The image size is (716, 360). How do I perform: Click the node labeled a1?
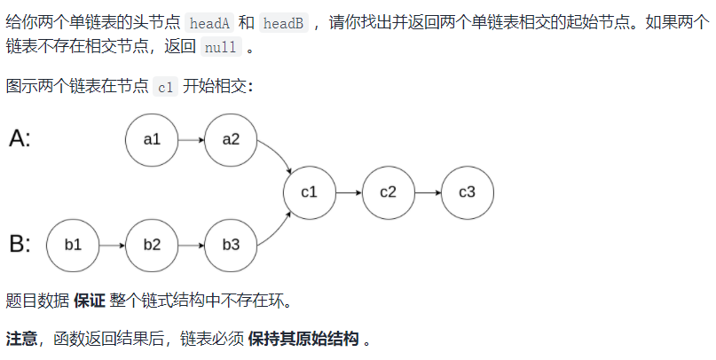click(x=152, y=139)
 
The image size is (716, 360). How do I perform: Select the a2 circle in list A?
click(x=231, y=139)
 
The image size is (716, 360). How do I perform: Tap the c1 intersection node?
click(x=310, y=192)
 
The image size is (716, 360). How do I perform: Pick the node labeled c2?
click(x=389, y=192)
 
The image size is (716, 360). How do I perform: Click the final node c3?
click(x=468, y=192)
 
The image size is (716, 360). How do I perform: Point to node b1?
click(x=73, y=244)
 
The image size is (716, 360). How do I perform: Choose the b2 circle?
click(x=152, y=244)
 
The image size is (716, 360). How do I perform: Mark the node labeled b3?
click(x=231, y=244)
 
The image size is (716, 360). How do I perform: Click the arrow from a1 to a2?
click(x=191, y=139)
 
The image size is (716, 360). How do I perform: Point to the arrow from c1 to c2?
click(x=349, y=192)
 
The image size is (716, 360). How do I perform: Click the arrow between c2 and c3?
click(x=428, y=192)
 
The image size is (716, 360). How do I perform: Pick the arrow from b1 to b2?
click(x=112, y=244)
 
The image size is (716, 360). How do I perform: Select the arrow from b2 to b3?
click(x=191, y=244)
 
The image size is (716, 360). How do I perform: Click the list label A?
click(x=20, y=139)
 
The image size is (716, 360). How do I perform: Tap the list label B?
click(x=20, y=244)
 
